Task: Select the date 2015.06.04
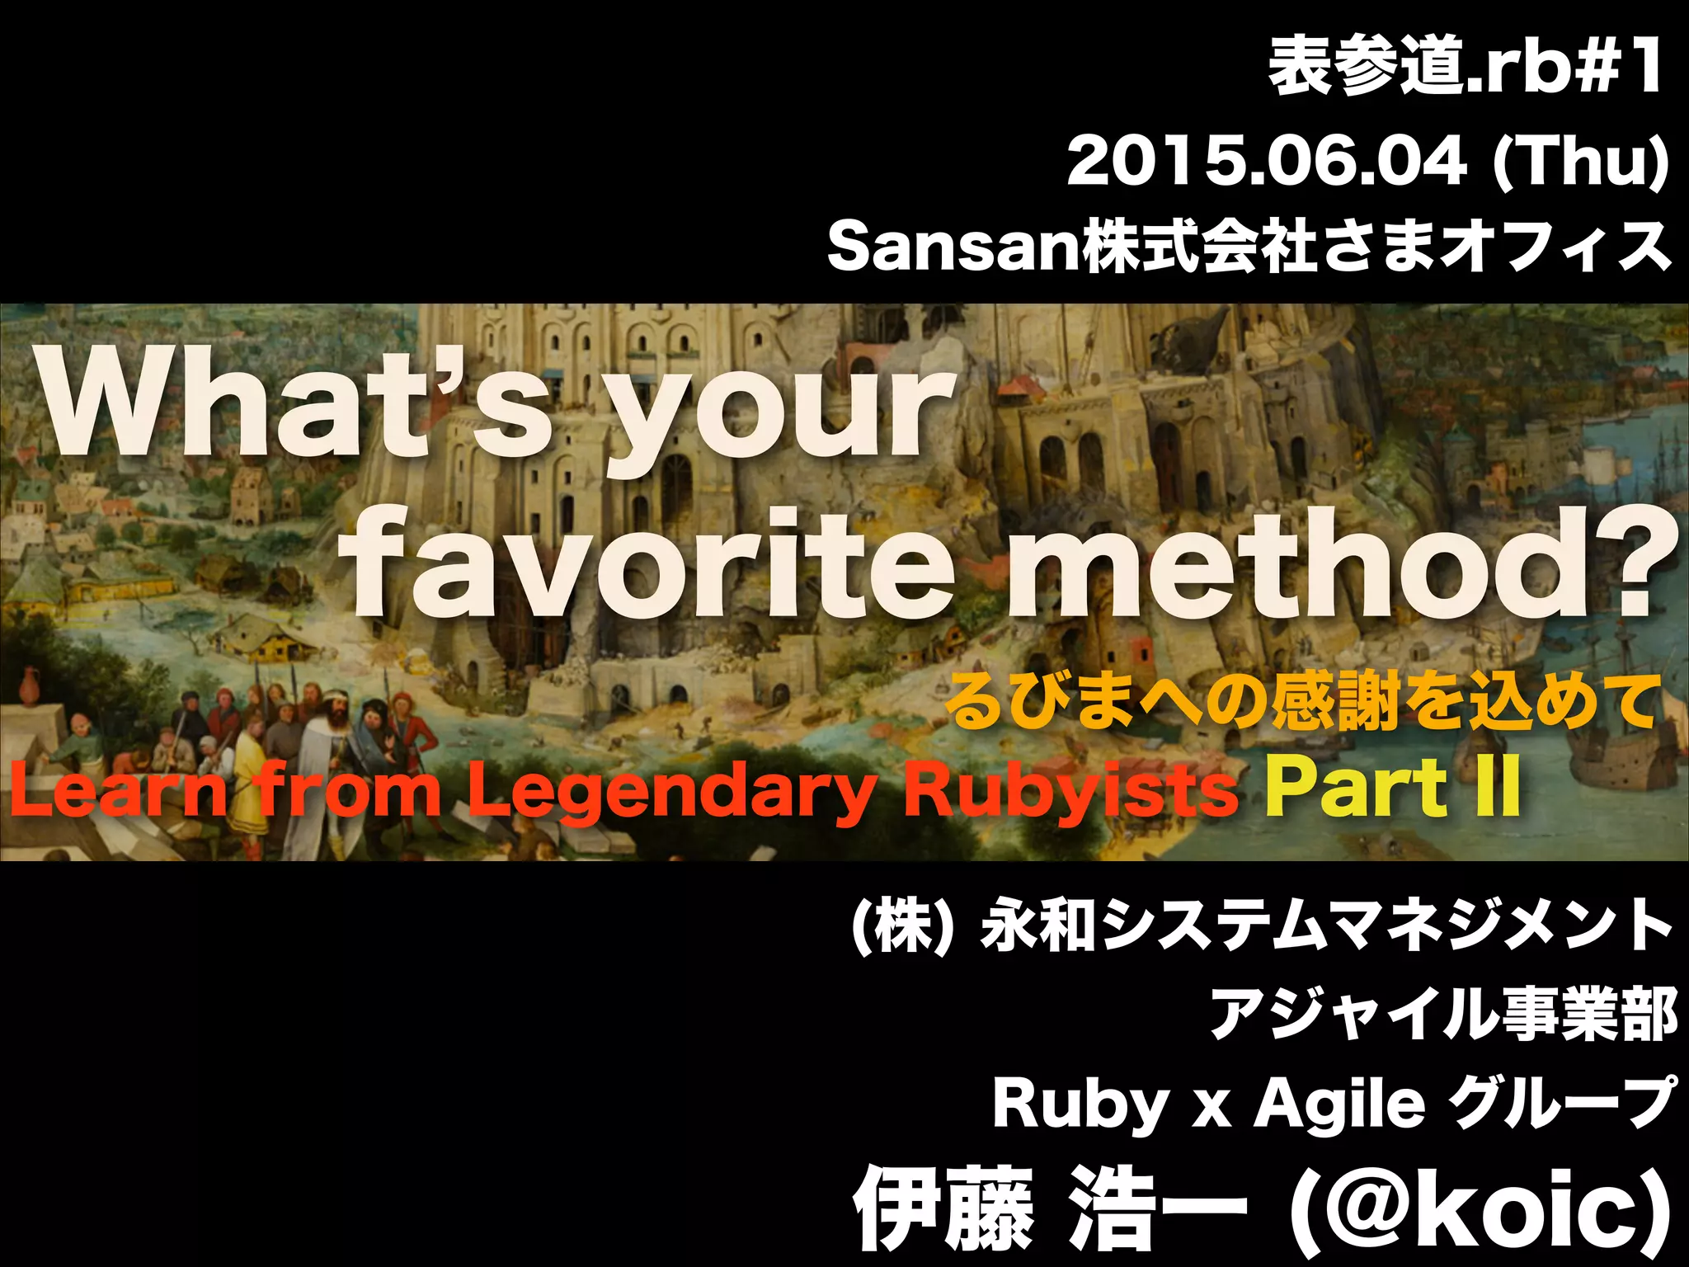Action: tap(1267, 163)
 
